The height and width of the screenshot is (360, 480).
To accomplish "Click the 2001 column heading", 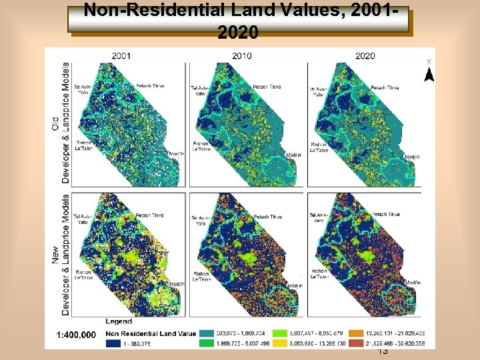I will pyautogui.click(x=121, y=55).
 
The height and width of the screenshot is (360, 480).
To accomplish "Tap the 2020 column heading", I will pyautogui.click(x=365, y=55).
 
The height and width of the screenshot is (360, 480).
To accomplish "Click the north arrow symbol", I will pyautogui.click(x=429, y=73).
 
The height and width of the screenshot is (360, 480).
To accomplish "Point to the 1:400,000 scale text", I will pyautogui.click(x=76, y=334).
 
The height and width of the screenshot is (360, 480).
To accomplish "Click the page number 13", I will pyautogui.click(x=383, y=351).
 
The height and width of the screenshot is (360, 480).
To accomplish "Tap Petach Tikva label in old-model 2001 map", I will pyautogui.click(x=150, y=86).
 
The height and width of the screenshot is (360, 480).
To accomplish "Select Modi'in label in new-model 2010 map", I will pyautogui.click(x=294, y=285).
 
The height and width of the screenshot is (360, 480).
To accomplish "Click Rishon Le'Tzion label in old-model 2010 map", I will pyautogui.click(x=201, y=147).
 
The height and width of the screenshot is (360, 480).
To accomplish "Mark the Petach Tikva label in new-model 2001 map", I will pyautogui.click(x=150, y=216).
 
